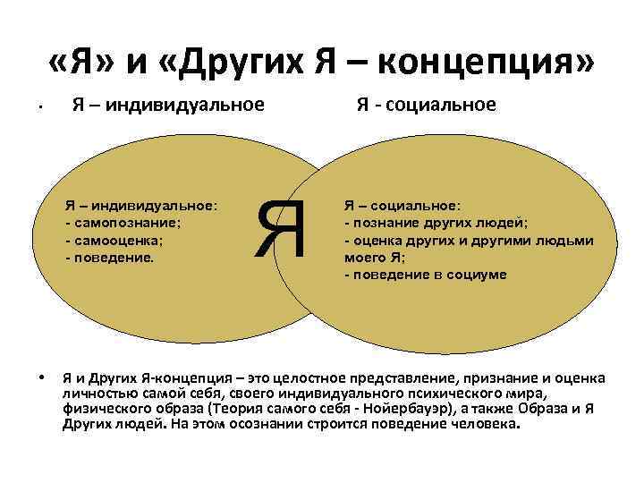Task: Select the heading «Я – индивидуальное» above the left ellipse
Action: point(168,106)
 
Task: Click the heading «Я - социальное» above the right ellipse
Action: point(426,106)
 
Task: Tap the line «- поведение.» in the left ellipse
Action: point(110,258)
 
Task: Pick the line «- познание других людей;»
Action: point(436,223)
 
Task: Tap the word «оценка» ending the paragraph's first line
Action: point(582,377)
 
